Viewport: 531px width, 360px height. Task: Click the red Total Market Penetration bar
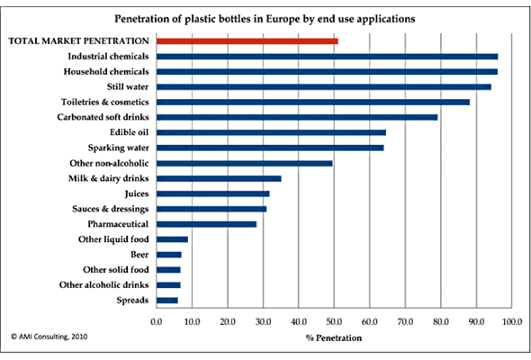(x=247, y=41)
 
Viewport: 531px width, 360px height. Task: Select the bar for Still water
(x=324, y=87)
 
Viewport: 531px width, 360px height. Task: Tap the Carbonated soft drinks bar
(x=297, y=118)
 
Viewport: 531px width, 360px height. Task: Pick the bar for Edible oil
(x=271, y=132)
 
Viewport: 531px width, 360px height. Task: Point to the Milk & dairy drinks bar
(x=219, y=179)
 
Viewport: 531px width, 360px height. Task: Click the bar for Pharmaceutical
(x=207, y=224)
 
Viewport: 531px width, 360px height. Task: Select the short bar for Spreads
(x=167, y=301)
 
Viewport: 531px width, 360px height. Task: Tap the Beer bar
(x=169, y=255)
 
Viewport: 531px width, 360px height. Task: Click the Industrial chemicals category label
(x=108, y=56)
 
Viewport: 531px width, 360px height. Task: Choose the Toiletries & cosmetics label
(x=105, y=102)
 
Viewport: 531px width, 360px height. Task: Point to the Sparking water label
(x=119, y=148)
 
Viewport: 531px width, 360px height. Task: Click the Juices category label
(x=137, y=193)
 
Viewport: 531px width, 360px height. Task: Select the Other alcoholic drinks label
(x=104, y=284)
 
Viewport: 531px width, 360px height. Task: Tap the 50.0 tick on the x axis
(x=334, y=321)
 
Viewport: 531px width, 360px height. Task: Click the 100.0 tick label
(x=512, y=321)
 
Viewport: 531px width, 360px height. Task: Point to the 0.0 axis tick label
(x=157, y=321)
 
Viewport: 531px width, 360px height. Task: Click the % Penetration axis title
(x=334, y=338)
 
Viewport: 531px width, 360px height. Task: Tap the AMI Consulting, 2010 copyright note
(x=49, y=337)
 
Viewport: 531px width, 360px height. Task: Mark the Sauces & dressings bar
(x=211, y=210)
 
